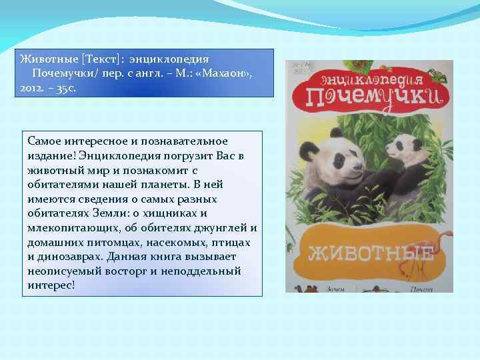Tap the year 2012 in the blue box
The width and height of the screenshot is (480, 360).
pyautogui.click(x=28, y=88)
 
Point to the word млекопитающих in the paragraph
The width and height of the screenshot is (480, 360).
pyautogui.click(x=70, y=228)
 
